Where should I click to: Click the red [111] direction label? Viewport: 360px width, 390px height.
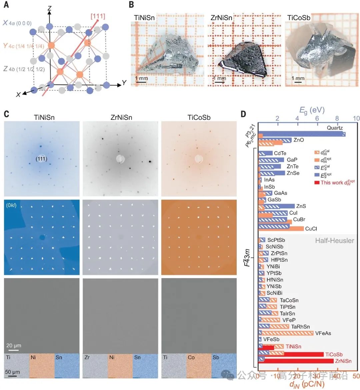(x=98, y=16)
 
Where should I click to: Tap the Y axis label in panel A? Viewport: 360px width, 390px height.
(x=124, y=83)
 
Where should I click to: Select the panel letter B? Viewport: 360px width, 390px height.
(x=132, y=5)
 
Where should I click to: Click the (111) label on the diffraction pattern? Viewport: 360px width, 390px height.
(x=41, y=159)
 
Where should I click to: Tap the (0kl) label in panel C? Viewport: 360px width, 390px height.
(x=11, y=205)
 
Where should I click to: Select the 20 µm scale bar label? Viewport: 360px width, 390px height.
(x=14, y=345)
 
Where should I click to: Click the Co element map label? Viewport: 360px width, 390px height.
(x=191, y=357)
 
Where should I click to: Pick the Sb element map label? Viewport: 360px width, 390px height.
(x=216, y=357)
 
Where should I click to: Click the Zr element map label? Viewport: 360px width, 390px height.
(x=87, y=357)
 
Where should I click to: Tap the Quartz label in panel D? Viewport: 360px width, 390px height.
(x=334, y=128)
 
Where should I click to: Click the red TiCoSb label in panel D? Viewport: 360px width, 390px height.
(x=334, y=354)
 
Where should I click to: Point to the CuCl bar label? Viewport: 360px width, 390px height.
(x=311, y=228)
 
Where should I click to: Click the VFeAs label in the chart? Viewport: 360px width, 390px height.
(x=323, y=333)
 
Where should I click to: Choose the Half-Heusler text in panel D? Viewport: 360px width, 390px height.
(x=334, y=240)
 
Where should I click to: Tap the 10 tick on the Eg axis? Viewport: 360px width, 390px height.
(x=356, y=119)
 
